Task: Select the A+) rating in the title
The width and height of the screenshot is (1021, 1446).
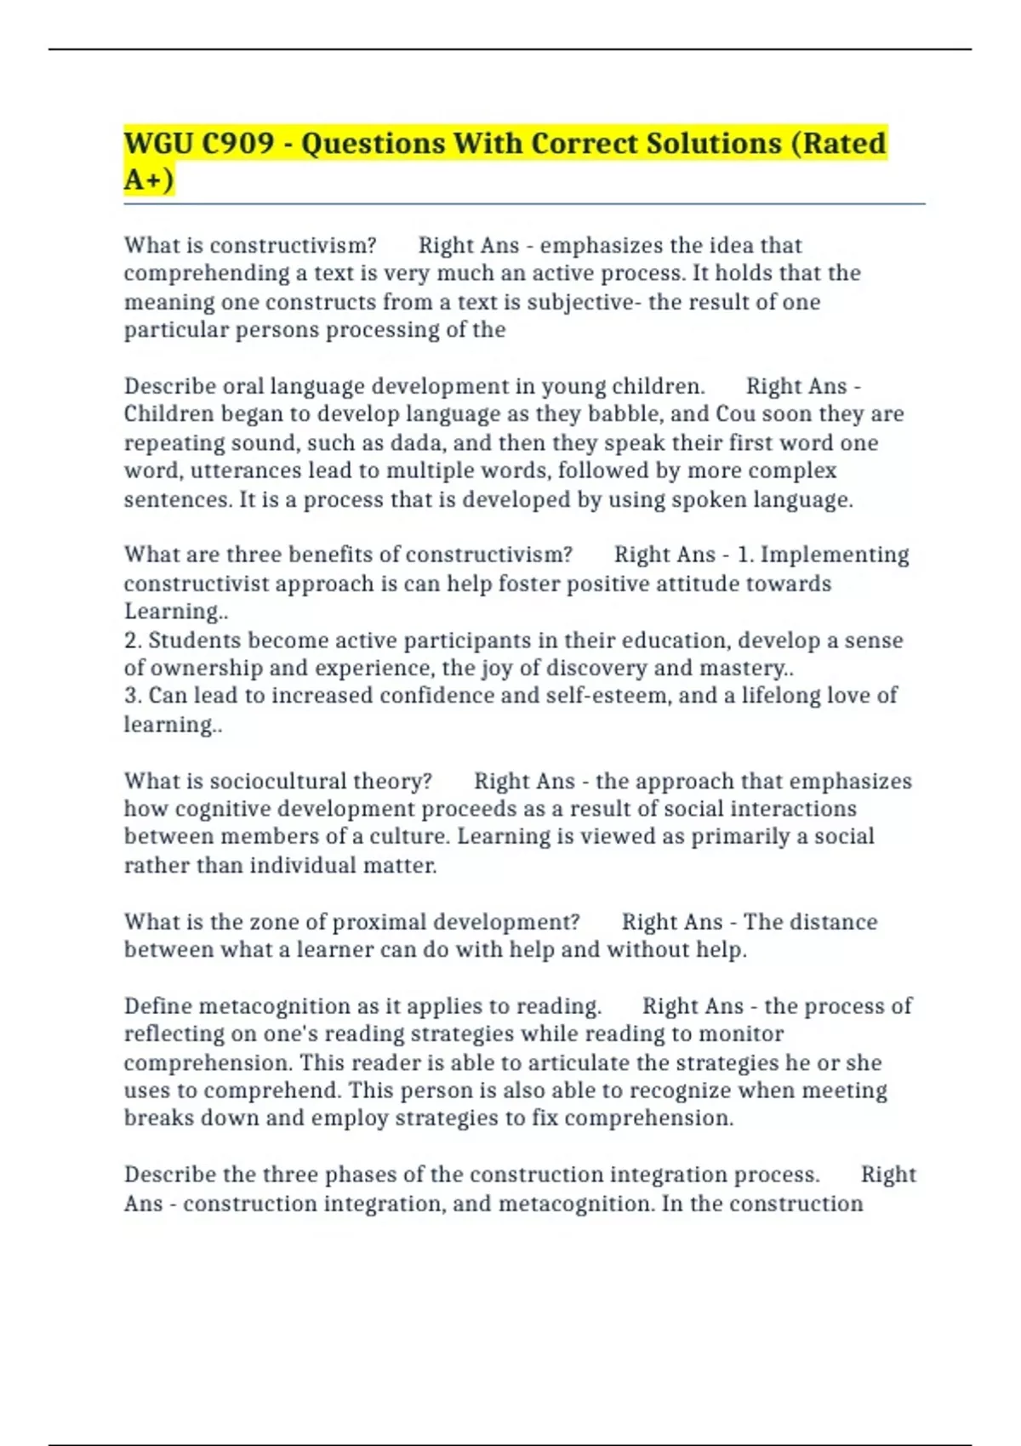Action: [148, 179]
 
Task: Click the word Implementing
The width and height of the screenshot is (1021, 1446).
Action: [835, 555]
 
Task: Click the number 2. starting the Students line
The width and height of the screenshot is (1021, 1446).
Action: [133, 640]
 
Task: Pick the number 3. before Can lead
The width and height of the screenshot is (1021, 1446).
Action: [133, 696]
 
